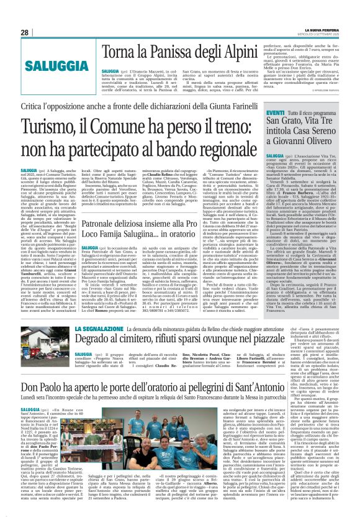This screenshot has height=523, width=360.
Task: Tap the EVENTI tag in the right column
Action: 275,112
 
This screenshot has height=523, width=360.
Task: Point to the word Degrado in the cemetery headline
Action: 93,339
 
